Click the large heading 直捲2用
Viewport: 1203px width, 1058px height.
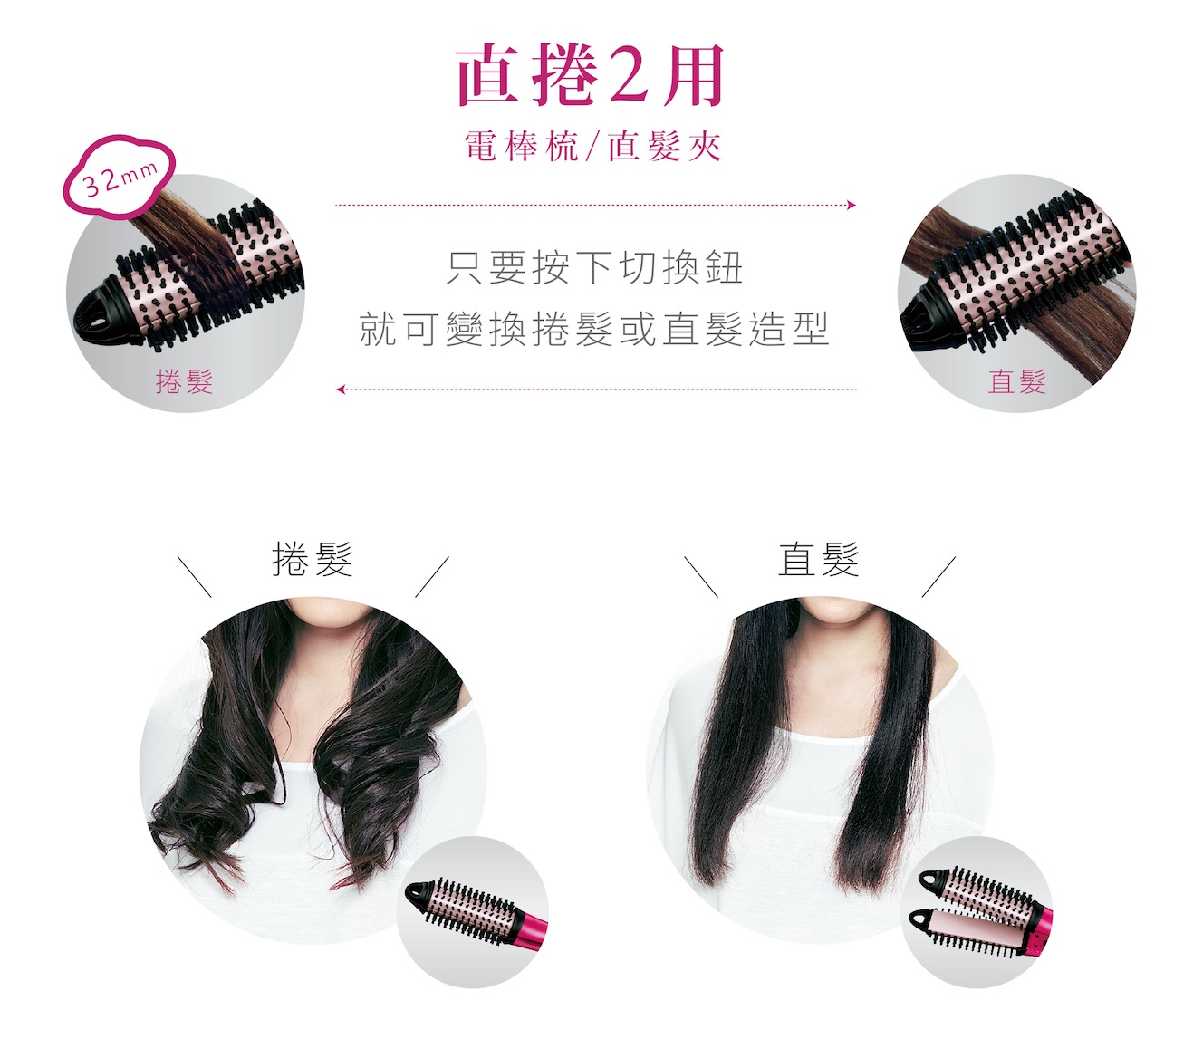pyautogui.click(x=590, y=75)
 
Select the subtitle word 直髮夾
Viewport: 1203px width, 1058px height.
pyautogui.click(x=665, y=146)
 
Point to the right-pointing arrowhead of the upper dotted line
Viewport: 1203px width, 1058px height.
pyautogui.click(x=852, y=205)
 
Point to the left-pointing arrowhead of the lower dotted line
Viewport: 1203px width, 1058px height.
pyautogui.click(x=341, y=390)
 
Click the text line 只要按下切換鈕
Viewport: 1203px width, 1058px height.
pyautogui.click(x=594, y=268)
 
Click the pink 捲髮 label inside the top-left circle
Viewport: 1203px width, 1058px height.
pyautogui.click(x=184, y=380)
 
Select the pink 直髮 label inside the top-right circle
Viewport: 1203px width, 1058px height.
pyautogui.click(x=1016, y=380)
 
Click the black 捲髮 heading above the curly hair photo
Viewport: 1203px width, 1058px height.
pyautogui.click(x=313, y=559)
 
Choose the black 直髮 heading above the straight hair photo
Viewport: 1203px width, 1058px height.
pyautogui.click(x=819, y=559)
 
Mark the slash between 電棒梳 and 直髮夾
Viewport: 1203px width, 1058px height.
pyautogui.click(x=593, y=147)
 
